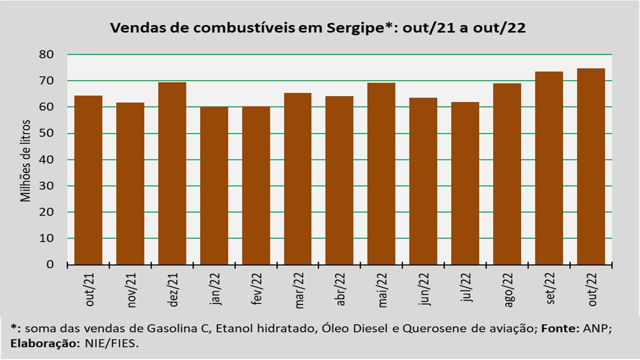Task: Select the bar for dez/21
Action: (x=172, y=173)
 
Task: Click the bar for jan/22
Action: (x=214, y=185)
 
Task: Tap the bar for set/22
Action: (x=549, y=168)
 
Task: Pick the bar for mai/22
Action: (x=381, y=173)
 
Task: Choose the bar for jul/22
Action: (x=465, y=183)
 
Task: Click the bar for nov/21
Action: (x=130, y=183)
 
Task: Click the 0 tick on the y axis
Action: (x=50, y=264)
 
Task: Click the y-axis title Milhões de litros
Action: (x=26, y=160)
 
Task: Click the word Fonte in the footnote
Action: (x=558, y=328)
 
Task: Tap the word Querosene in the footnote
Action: (x=429, y=328)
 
